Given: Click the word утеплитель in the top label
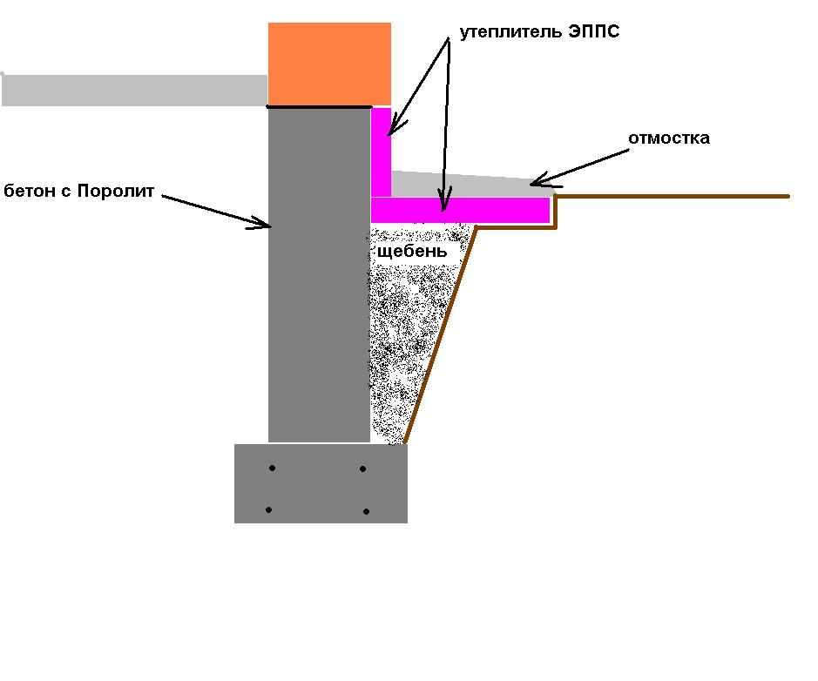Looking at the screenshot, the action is point(511,32).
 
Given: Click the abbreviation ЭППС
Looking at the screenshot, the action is point(594,31).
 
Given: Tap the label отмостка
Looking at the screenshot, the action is point(669,138).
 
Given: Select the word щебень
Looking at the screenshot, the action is point(411,253).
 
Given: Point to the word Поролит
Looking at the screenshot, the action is point(116,192).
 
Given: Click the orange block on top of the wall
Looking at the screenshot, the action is point(329,64).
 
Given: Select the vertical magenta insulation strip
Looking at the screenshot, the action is point(381,152).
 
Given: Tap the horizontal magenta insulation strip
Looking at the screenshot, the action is point(460,210).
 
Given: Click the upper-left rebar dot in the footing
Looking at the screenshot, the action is point(273,469).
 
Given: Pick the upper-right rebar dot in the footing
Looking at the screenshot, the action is point(363,469).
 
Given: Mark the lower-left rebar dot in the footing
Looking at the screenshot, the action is point(268,510).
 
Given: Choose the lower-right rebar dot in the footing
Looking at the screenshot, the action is point(366,511).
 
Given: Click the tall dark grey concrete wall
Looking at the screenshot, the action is point(319,275).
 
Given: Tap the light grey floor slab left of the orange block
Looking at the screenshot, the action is point(135,91).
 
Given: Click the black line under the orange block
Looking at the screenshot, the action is point(319,107).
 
